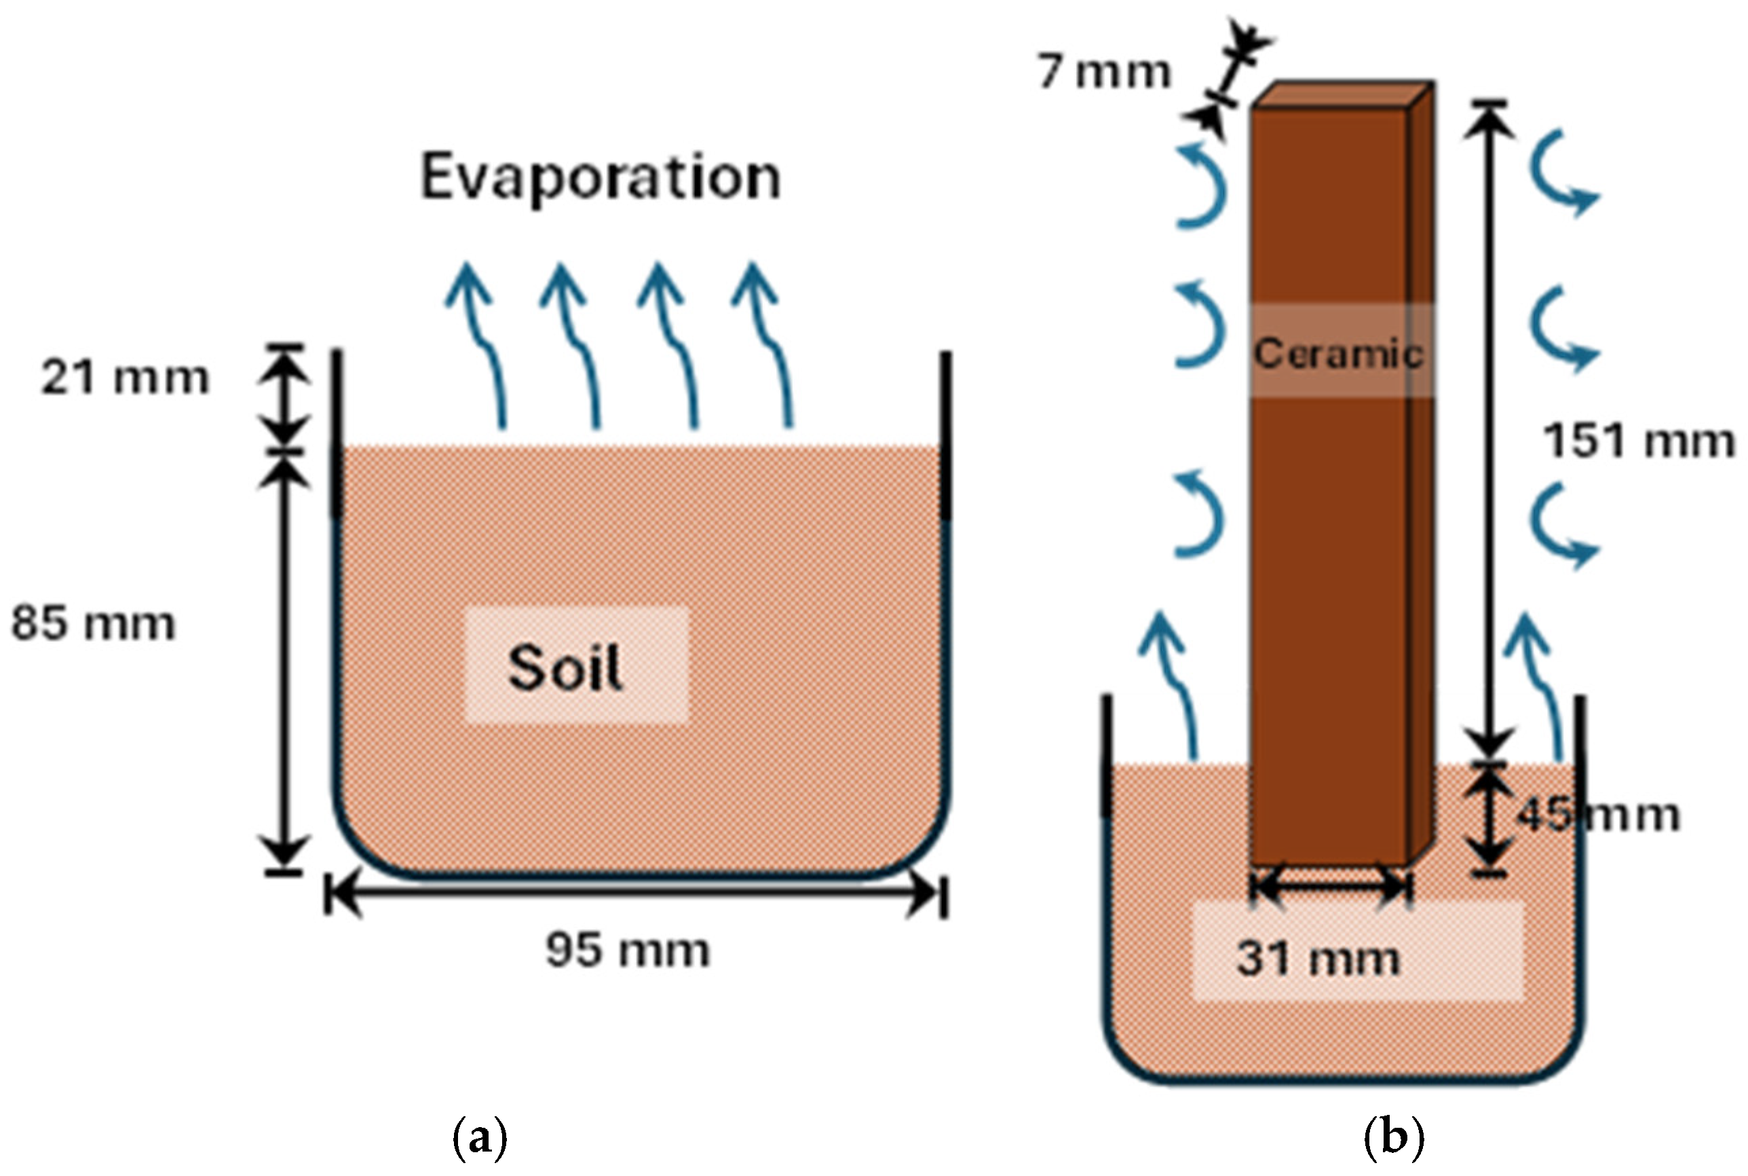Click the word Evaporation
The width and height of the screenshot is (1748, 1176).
(601, 178)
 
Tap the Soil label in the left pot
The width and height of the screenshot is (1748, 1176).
(565, 667)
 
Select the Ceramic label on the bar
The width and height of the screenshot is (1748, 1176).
(1339, 352)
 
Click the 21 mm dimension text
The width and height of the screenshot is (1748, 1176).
(125, 377)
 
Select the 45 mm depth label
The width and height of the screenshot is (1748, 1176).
(1597, 815)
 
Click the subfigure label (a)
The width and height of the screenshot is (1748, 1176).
(480, 1139)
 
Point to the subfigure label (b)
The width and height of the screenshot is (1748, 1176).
(1392, 1139)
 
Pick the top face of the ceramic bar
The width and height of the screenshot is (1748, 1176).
(1343, 94)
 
